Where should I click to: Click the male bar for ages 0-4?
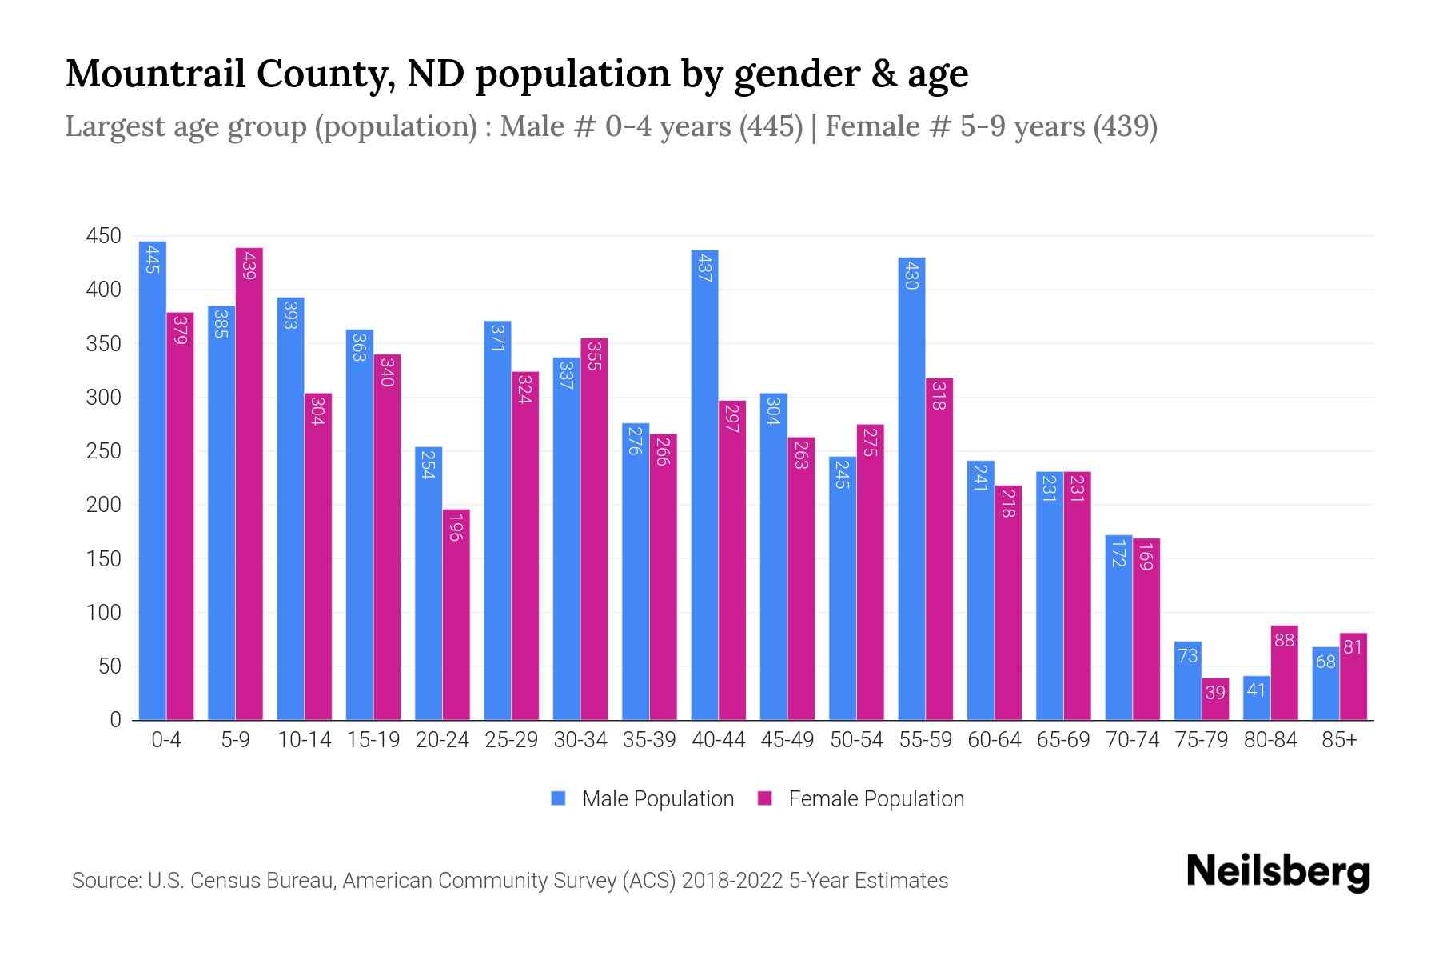152,480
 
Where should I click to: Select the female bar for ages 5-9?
249,484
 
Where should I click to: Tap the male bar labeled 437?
704,485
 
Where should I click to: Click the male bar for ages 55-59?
911,488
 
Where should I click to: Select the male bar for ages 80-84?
1256,698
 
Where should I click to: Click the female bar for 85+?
1353,677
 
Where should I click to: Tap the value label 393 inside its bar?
290,314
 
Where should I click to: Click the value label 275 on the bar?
871,442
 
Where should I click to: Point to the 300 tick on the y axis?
103,398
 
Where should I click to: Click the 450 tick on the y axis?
103,236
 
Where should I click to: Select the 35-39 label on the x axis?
649,740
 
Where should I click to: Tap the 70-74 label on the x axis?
1132,740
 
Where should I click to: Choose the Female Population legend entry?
861,798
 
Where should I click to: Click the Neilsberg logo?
1278,872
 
